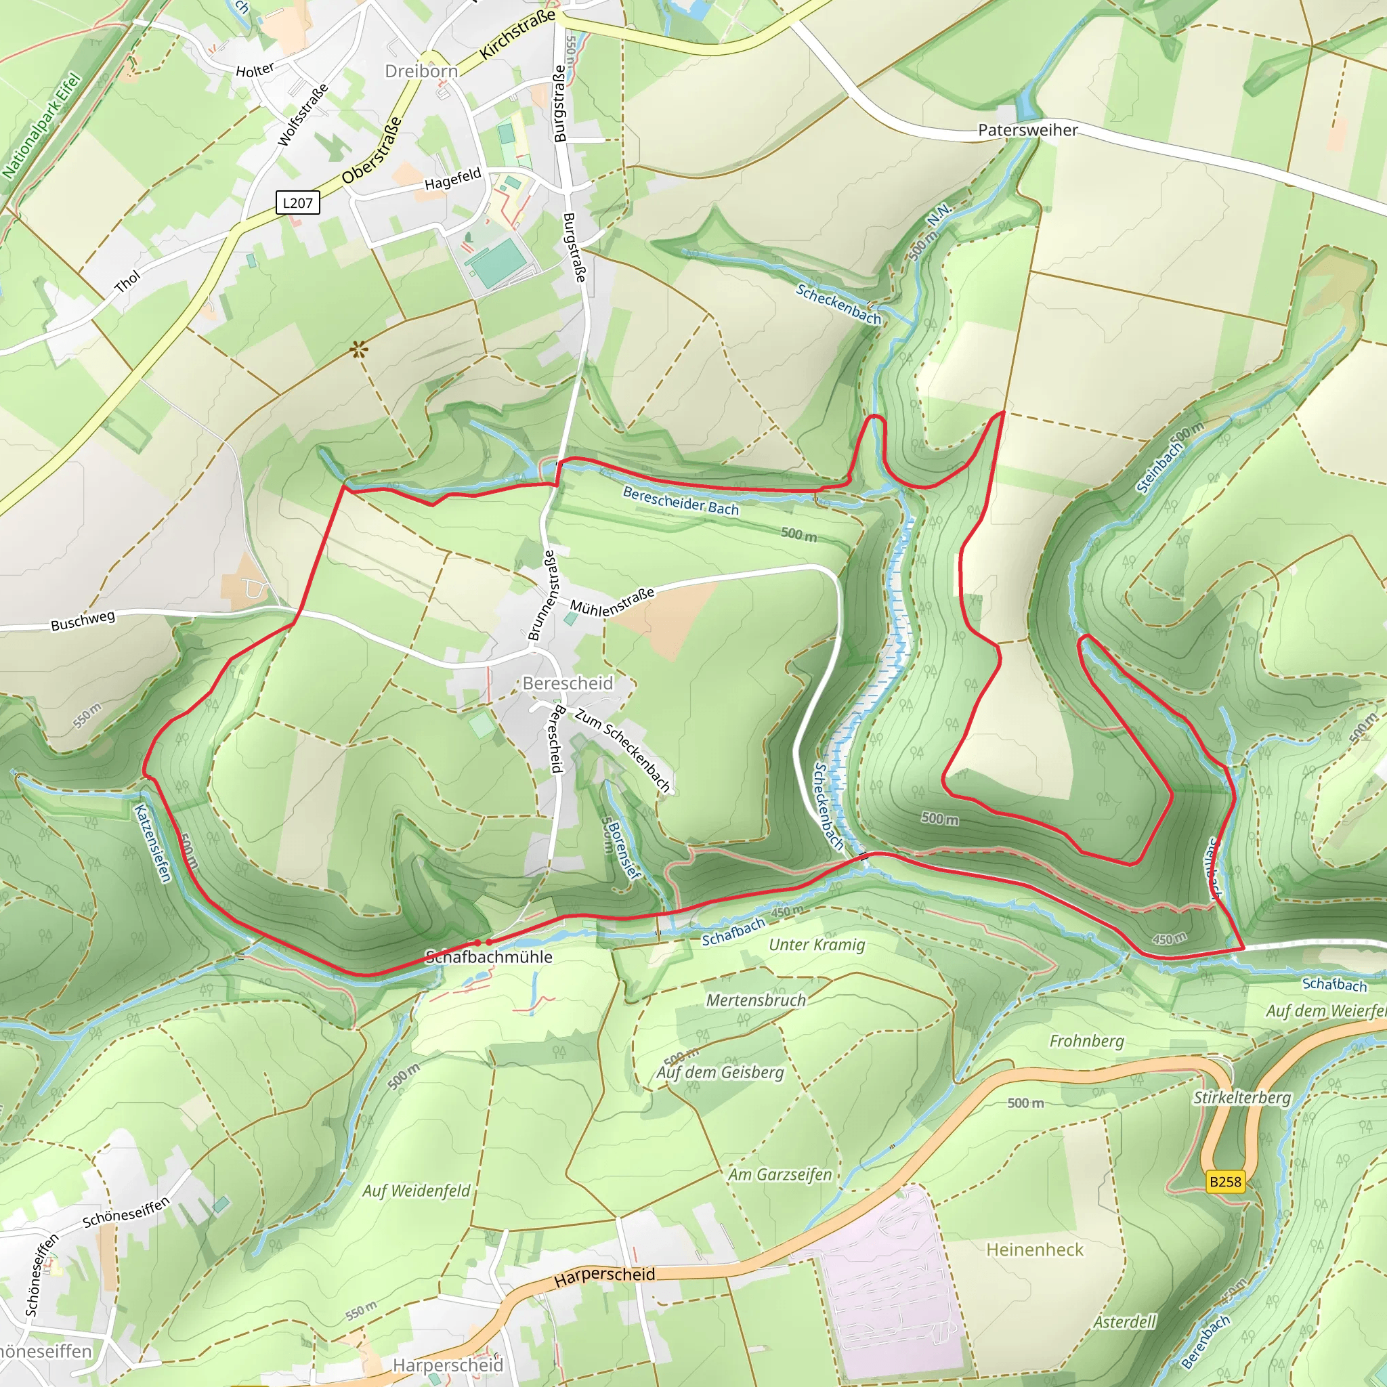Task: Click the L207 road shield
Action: (x=297, y=202)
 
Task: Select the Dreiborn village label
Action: (x=421, y=71)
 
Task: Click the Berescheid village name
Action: (x=567, y=683)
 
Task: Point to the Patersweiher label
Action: (x=1027, y=130)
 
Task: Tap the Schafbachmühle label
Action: (x=489, y=956)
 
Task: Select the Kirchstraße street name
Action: (x=517, y=34)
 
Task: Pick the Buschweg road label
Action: (x=83, y=621)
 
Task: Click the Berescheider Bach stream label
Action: (x=680, y=501)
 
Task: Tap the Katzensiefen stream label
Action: (x=153, y=842)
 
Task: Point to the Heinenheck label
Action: (x=1035, y=1250)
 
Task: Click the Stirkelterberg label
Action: (x=1241, y=1098)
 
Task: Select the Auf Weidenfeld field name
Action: (x=416, y=1191)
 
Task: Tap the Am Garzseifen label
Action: (x=780, y=1174)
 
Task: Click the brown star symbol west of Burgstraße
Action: (x=359, y=350)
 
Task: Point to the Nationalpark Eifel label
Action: (x=41, y=127)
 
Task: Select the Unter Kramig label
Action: (x=816, y=945)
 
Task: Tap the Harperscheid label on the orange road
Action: (x=605, y=1275)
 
